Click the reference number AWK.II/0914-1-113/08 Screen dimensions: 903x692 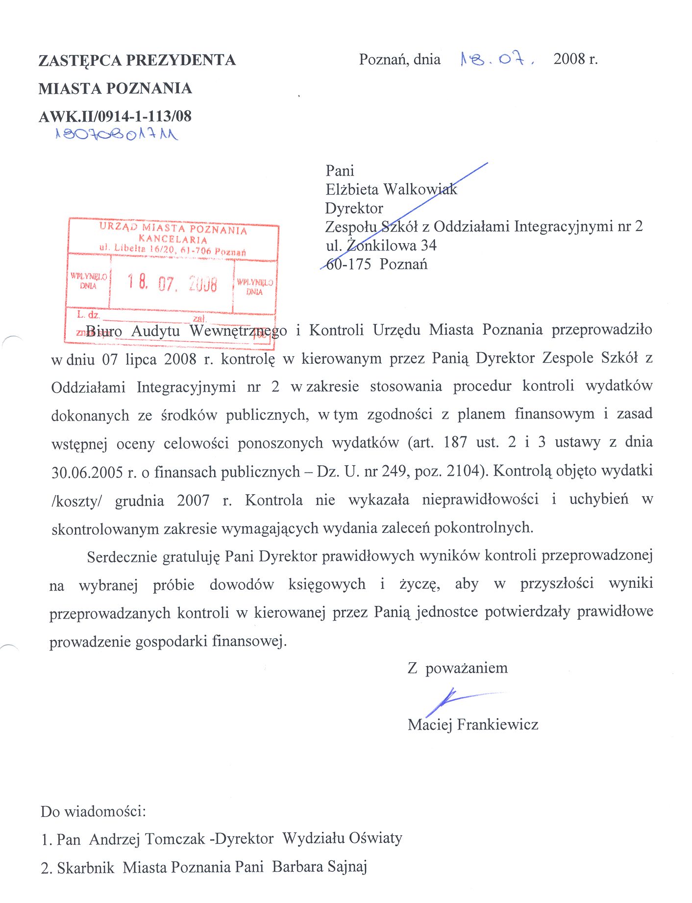tap(115, 117)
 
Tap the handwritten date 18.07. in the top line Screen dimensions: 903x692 tap(496, 60)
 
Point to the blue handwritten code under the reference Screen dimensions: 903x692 tap(117, 134)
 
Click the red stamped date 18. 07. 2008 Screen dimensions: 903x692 tap(172, 283)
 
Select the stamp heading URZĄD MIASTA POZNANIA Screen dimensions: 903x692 tap(173, 228)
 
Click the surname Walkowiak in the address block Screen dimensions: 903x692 tap(420, 189)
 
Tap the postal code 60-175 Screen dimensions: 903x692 tap(348, 264)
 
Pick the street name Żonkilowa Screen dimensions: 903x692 tap(381, 245)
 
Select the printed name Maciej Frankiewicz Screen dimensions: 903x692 tap(473, 725)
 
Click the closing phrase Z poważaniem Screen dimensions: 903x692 tap(458, 668)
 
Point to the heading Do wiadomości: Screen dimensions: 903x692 tap(93, 811)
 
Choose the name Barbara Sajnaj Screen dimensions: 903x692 tap(320, 867)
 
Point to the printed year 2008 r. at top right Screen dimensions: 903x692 tap(575, 59)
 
